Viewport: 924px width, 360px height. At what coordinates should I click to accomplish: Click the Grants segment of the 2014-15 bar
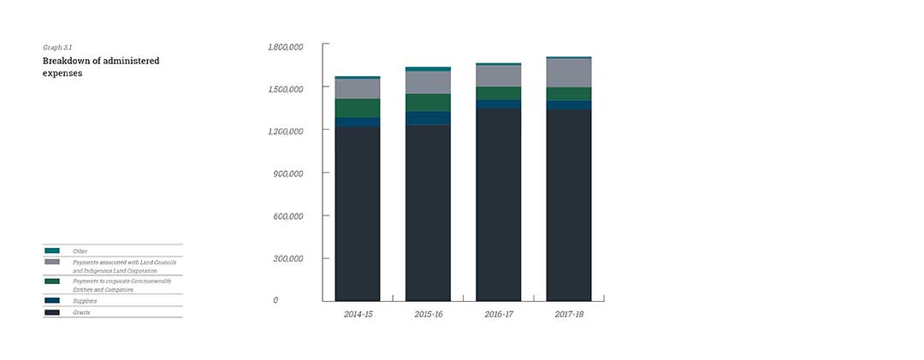[x=358, y=214]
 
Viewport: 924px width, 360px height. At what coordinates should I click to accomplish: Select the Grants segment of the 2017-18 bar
[x=569, y=205]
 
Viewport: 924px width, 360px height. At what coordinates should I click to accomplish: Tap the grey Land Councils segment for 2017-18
[x=569, y=73]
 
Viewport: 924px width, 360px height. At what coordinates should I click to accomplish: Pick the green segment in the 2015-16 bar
[x=428, y=102]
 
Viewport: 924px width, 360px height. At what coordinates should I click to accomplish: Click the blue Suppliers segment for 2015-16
[x=428, y=118]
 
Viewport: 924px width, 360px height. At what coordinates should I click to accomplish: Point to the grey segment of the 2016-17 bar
[x=499, y=75]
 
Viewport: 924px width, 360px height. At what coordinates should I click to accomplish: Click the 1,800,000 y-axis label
[x=286, y=46]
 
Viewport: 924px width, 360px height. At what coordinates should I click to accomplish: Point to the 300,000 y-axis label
[x=288, y=258]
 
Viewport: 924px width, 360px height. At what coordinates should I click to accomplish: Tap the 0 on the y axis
[x=275, y=301]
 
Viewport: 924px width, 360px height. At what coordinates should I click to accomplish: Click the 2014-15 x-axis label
[x=358, y=315]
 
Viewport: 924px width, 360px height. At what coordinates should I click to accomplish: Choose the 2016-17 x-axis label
[x=499, y=315]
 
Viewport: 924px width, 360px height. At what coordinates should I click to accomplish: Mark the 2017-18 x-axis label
[x=569, y=315]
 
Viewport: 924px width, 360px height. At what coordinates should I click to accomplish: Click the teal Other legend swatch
[x=52, y=251]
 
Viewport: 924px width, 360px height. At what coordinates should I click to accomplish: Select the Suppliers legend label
[x=85, y=301]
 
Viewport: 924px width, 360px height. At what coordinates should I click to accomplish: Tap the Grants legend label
[x=81, y=313]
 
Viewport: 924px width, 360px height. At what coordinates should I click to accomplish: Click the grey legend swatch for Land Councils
[x=52, y=262]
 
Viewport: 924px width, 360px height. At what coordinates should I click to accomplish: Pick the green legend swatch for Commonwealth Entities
[x=52, y=281]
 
